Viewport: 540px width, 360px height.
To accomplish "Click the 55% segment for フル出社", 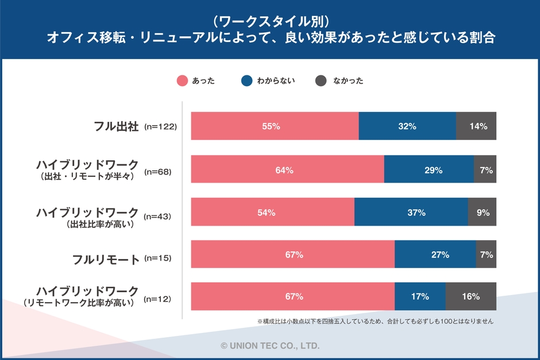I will pos(275,126).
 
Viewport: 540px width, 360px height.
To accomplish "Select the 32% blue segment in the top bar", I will pos(407,126).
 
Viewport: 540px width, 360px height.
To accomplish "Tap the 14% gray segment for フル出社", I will pos(476,126).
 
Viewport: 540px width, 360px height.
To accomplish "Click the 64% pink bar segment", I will pos(287,169).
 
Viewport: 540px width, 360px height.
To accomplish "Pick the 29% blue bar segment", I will pos(429,169).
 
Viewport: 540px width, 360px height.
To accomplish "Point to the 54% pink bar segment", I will pos(272,212).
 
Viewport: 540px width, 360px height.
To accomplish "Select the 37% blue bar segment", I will pos(411,212).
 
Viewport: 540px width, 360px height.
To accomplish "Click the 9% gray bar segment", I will pos(482,212).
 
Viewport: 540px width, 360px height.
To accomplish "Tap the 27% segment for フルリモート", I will pos(435,254).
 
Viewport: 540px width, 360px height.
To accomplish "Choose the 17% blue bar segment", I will pos(420,297).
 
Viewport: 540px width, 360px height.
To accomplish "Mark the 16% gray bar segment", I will pos(470,297).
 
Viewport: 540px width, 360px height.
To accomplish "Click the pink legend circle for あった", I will pos(182,81).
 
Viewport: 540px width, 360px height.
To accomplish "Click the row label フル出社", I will pos(117,126).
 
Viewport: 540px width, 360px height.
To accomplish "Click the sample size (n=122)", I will pos(160,126).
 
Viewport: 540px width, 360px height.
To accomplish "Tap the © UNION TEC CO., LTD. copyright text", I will pos(270,346).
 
